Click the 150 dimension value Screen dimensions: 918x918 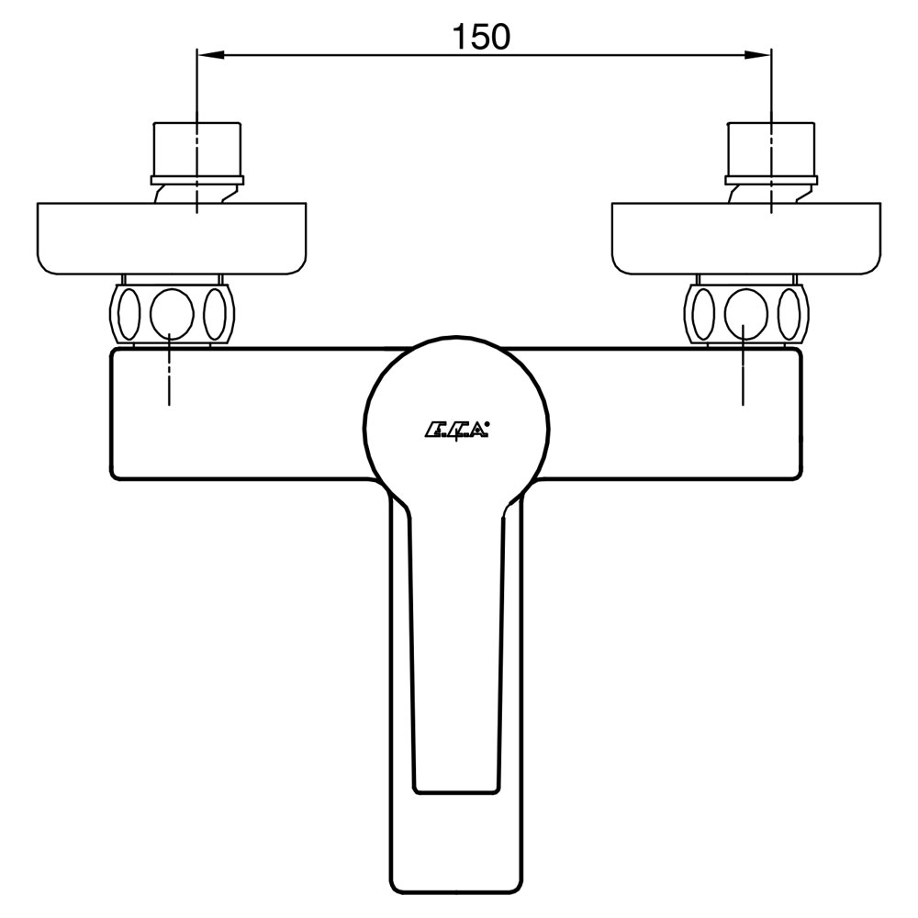[x=481, y=37]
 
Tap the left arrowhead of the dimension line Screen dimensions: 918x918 [x=211, y=55]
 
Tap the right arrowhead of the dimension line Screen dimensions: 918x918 [x=757, y=55]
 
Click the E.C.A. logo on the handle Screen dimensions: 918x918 [x=456, y=431]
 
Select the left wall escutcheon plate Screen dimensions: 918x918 [x=172, y=239]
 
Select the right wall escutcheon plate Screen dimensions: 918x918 [x=745, y=239]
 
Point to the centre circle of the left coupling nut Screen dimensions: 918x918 [x=172, y=313]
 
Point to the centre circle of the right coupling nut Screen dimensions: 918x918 [x=745, y=313]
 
